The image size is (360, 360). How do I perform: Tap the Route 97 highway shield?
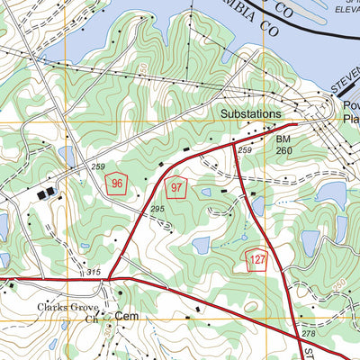[176, 188]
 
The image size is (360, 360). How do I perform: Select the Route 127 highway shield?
[256, 259]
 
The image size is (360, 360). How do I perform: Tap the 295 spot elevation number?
[158, 210]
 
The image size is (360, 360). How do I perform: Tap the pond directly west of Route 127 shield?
[201, 245]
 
